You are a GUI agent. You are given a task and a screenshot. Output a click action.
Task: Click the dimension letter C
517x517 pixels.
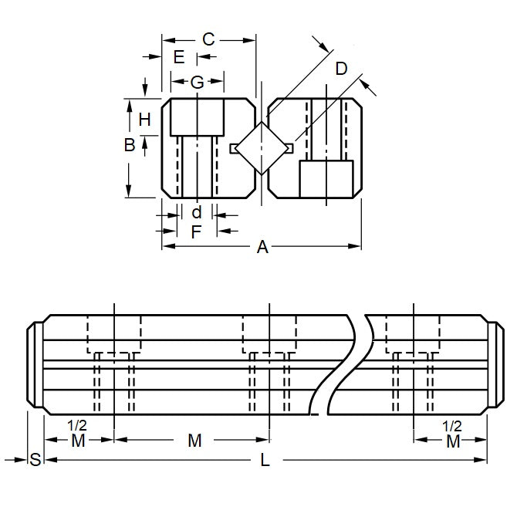(208, 39)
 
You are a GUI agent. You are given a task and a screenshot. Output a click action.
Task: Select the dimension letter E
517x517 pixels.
(179, 56)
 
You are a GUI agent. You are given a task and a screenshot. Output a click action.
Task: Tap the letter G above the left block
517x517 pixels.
(197, 82)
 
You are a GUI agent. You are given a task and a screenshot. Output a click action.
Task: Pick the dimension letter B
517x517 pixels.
(130, 144)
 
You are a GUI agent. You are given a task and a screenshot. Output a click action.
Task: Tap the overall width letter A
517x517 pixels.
(262, 247)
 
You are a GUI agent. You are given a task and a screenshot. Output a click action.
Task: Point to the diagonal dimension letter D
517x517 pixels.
(341, 69)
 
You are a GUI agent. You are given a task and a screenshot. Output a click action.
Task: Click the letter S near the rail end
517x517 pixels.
(35, 461)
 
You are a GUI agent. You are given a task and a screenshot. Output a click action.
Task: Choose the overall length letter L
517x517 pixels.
(265, 461)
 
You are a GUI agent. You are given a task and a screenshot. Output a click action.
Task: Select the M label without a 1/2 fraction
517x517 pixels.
(194, 441)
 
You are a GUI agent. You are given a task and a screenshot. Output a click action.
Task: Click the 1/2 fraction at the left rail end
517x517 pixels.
(78, 425)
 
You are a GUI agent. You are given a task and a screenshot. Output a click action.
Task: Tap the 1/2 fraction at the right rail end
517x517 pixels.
(453, 425)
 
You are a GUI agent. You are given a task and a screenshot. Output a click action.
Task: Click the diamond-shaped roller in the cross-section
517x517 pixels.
(261, 147)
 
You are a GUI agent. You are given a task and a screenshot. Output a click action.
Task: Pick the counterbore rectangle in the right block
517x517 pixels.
(326, 181)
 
